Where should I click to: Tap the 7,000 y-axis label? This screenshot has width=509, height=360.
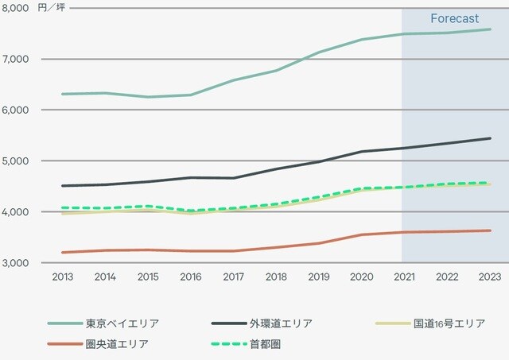(x=16, y=59)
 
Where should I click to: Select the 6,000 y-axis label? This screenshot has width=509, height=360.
(x=16, y=110)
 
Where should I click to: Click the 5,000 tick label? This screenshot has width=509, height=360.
(x=16, y=161)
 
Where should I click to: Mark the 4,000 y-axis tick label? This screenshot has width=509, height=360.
(x=16, y=211)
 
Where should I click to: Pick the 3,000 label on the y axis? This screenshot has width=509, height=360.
(x=16, y=262)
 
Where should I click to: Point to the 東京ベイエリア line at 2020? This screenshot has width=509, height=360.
(x=361, y=40)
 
